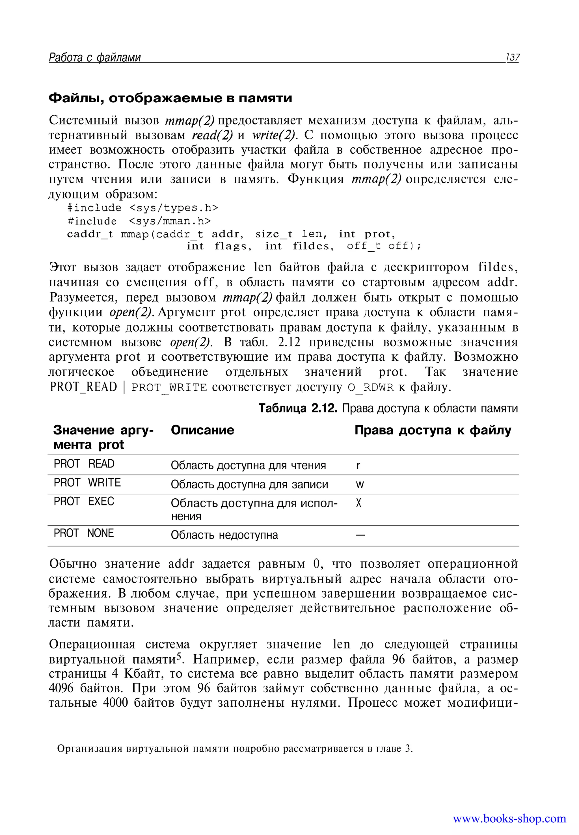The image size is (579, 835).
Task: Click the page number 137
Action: pyautogui.click(x=512, y=57)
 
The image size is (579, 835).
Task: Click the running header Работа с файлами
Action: pyautogui.click(x=95, y=57)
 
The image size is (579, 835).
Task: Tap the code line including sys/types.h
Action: pyautogui.click(x=142, y=208)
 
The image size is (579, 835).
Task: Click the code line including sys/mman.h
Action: pyautogui.click(x=139, y=221)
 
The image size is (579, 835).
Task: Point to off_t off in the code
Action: pyautogui.click(x=383, y=246)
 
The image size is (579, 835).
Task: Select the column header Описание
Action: pyautogui.click(x=202, y=430)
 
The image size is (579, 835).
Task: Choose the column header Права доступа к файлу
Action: pyautogui.click(x=433, y=430)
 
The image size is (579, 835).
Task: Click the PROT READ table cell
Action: pyautogui.click(x=84, y=464)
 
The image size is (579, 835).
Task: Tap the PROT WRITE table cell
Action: pyautogui.click(x=87, y=483)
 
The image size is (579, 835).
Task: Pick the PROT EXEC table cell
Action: pyautogui.click(x=84, y=502)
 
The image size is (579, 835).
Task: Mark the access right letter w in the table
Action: pyautogui.click(x=360, y=484)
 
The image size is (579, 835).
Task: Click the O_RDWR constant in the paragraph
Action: pyautogui.click(x=370, y=388)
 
